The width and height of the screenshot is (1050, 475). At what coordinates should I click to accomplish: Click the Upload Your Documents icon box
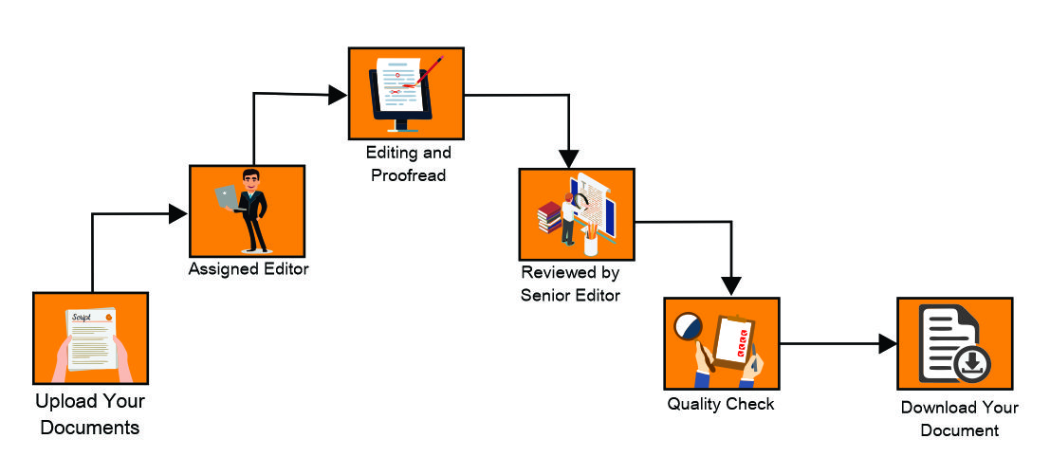(x=90, y=338)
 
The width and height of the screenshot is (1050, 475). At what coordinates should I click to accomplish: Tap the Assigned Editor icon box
(x=247, y=210)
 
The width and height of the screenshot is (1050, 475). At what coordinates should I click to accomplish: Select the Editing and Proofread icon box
(x=406, y=92)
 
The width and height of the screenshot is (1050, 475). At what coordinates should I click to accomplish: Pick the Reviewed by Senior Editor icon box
(x=576, y=214)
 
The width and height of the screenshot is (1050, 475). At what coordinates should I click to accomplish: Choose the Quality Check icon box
(x=721, y=343)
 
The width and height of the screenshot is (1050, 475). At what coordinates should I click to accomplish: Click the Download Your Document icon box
(x=954, y=343)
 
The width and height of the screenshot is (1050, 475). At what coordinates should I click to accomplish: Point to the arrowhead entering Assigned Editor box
(x=177, y=214)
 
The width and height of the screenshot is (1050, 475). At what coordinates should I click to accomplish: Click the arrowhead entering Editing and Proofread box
(x=338, y=94)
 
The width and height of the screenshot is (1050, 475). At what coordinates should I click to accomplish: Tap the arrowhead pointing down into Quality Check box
(x=730, y=285)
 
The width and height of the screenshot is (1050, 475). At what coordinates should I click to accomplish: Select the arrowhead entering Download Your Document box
(x=887, y=344)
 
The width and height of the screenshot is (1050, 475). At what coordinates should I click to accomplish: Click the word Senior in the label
(x=545, y=295)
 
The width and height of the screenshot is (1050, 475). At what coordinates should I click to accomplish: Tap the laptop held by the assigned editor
(x=226, y=196)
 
